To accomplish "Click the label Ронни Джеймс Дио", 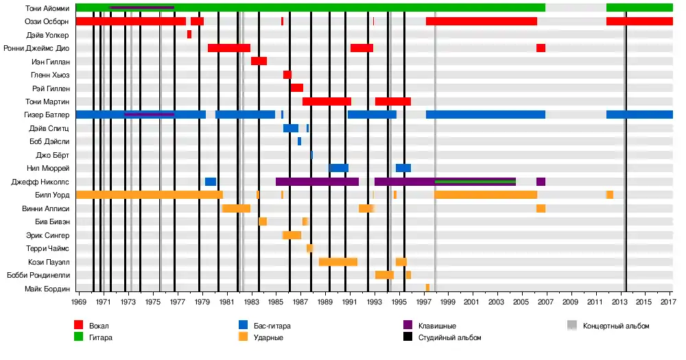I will (x=36, y=48).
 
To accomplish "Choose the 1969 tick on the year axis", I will (x=78, y=302).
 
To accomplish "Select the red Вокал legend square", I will (x=79, y=325).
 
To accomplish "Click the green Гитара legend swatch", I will (x=79, y=337).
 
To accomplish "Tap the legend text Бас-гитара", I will (x=272, y=326).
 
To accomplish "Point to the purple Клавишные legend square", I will (x=407, y=325).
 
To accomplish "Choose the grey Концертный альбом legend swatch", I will (x=572, y=325).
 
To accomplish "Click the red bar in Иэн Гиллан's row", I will (x=259, y=61).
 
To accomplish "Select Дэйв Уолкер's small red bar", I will (x=189, y=34).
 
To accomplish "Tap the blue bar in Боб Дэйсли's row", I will (x=299, y=141).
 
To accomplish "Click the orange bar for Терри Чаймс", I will (x=309, y=248).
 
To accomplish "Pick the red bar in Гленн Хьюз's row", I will (x=287, y=75).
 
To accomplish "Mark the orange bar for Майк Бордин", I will (x=427, y=288).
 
